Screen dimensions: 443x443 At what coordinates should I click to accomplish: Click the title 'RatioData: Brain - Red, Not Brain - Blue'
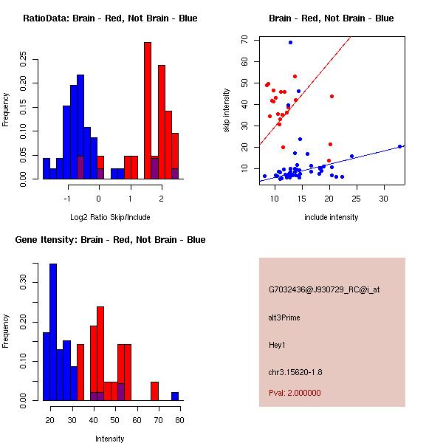coord(110,18)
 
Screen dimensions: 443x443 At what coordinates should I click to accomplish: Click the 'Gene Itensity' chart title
coord(110,240)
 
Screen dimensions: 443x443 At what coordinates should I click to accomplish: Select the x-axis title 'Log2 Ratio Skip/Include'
coord(110,217)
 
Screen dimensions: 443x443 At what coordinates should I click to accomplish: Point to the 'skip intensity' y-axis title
coord(227,111)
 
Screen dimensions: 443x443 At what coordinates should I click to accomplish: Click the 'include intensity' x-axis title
coord(332,217)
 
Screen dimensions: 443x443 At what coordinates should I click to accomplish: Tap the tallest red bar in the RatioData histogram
coord(148,111)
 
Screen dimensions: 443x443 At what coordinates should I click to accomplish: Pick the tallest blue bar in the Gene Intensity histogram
coord(53,332)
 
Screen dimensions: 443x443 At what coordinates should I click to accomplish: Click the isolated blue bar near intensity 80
coord(175,396)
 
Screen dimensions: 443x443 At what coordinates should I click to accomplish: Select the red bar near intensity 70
coord(155,391)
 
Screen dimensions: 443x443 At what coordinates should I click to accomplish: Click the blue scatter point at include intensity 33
coord(399,146)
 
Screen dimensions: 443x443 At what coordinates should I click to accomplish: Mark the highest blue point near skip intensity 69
coord(290,42)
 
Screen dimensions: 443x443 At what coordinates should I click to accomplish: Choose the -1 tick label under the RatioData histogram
coord(67,198)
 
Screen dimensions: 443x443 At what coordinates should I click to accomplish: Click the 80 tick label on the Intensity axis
coord(180,419)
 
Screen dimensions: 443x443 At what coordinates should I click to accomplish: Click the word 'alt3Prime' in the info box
coord(285,317)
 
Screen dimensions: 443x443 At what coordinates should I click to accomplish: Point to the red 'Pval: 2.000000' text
coord(295,393)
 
